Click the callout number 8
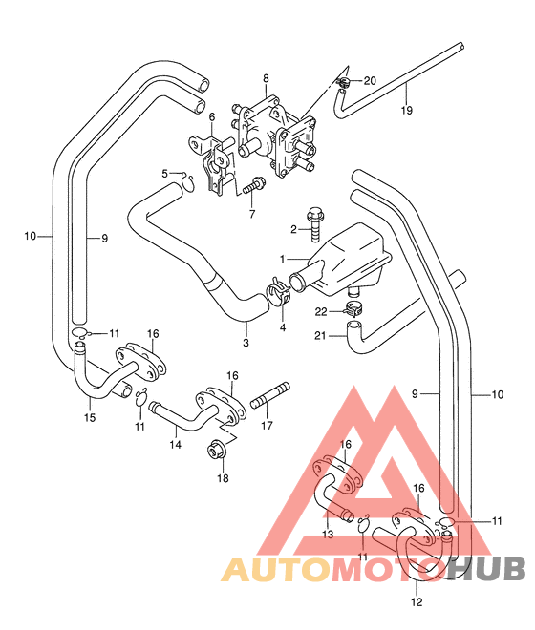[266, 78]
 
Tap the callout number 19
[407, 110]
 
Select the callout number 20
[370, 81]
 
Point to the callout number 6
[212, 116]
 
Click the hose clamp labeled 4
[278, 295]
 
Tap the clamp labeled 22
[353, 309]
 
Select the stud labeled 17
[270, 396]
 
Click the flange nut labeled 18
[216, 449]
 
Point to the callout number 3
[246, 343]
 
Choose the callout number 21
[320, 335]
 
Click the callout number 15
[90, 417]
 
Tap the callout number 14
[176, 445]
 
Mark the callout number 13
[328, 535]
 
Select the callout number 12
[417, 602]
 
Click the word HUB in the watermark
[484, 569]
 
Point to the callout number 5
[165, 174]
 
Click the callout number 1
[282, 259]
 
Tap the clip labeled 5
[188, 183]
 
